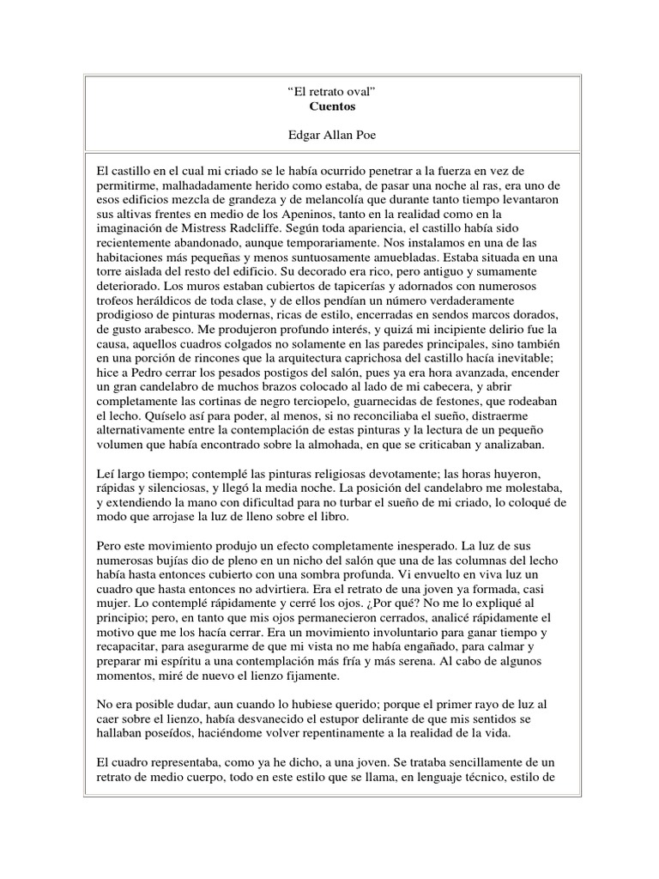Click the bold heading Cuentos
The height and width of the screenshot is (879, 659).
(329, 107)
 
